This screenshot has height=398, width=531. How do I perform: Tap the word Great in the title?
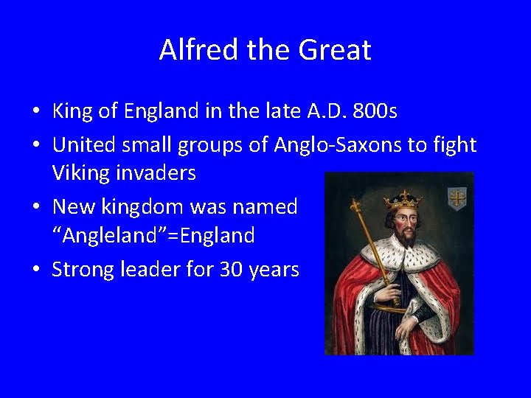335,50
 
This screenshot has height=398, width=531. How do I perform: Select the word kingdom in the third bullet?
148,207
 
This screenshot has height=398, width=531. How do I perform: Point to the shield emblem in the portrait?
457,197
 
